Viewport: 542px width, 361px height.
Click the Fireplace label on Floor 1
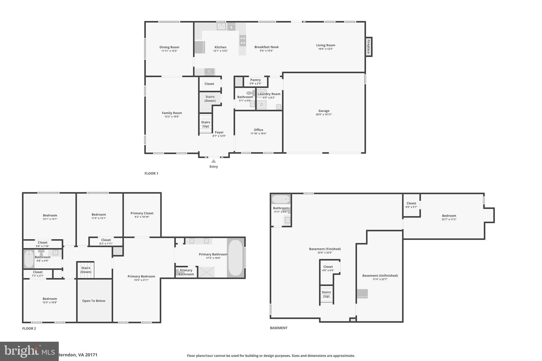pos(368,47)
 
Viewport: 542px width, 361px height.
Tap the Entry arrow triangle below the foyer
pos(214,161)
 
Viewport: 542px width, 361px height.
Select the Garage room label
pos(324,111)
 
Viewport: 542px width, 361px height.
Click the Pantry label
pos(255,80)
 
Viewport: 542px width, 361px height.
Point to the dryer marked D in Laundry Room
pos(261,104)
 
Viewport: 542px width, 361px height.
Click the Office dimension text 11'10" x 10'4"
pos(258,134)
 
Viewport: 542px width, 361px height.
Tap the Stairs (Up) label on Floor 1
pos(206,124)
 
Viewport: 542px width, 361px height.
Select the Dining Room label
pos(169,47)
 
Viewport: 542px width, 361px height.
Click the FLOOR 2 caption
pos(29,328)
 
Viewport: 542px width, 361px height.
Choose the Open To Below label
pos(94,301)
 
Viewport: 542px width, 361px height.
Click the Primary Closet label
pos(142,213)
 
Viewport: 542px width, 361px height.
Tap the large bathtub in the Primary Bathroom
pos(235,258)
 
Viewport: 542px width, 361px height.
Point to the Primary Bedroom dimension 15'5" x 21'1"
pos(141,280)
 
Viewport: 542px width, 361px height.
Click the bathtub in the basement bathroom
pos(281,199)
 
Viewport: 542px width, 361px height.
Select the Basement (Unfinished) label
pos(380,276)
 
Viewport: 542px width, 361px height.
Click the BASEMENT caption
pos(278,328)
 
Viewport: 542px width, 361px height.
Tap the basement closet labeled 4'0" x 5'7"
pos(411,205)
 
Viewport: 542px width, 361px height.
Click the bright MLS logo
pos(29,351)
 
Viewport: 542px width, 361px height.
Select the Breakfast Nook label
pos(267,47)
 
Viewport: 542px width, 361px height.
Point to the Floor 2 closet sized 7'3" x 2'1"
pos(38,274)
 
